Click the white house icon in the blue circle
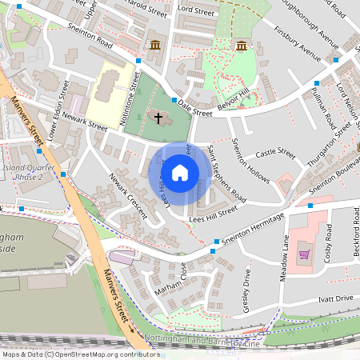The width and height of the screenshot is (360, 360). coord(180,173)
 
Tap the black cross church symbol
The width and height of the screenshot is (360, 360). coord(158,118)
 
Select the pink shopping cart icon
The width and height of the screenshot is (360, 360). coord(304,255)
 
